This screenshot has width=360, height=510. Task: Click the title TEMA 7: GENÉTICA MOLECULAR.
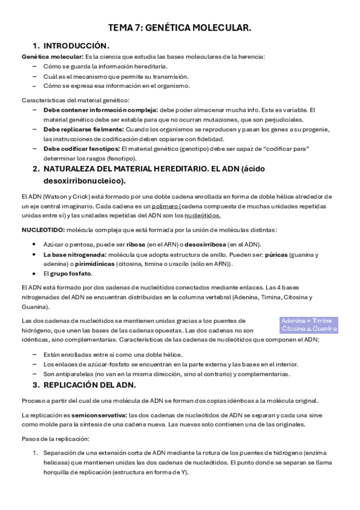(x=180, y=28)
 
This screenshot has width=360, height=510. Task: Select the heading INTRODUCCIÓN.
(x=76, y=46)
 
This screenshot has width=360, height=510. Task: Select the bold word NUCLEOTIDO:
(x=43, y=230)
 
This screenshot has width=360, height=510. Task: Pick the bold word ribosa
(x=135, y=244)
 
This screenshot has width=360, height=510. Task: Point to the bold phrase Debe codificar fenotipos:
(x=81, y=148)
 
